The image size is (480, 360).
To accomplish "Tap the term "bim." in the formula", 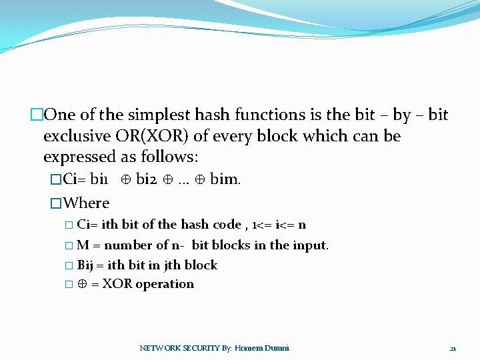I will pos(225,179).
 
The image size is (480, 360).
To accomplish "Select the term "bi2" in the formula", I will pos(147,179).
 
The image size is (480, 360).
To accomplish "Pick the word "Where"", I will pos(86,203).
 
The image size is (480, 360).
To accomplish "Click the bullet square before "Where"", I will pos(56,203).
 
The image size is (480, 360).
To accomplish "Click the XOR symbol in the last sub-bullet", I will pos(82,284).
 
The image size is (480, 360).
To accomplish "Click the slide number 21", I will pos(453,348).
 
